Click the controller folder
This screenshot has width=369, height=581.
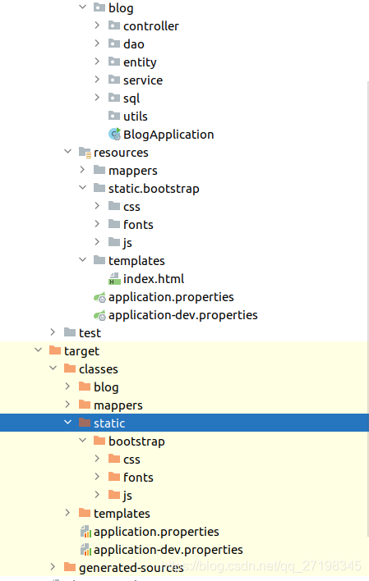click(x=150, y=26)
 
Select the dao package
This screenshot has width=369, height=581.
click(x=133, y=44)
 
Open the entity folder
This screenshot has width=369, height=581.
click(x=140, y=62)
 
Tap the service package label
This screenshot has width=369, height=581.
click(x=143, y=80)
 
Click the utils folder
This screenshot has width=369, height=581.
click(x=136, y=117)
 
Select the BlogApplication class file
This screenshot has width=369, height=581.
click(x=168, y=135)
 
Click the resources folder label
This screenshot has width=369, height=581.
click(x=121, y=153)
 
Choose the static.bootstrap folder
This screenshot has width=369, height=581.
click(x=154, y=189)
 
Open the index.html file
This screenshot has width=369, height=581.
click(x=154, y=279)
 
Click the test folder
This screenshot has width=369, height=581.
click(x=90, y=333)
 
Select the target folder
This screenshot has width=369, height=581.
click(x=81, y=351)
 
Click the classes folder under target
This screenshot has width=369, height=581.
click(x=99, y=369)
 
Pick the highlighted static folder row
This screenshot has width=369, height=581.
click(x=109, y=423)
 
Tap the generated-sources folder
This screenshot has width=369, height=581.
click(x=131, y=568)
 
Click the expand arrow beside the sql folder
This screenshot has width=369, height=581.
click(x=97, y=98)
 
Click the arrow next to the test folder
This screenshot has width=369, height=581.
click(x=53, y=333)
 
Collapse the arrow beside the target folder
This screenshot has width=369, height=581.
click(x=38, y=351)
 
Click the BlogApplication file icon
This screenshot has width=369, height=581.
click(x=114, y=135)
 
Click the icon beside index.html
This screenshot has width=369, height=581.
click(x=114, y=279)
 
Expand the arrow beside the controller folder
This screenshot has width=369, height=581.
click(x=97, y=26)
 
